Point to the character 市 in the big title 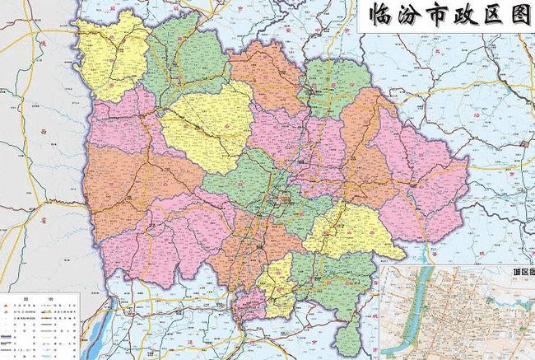[x=436, y=16]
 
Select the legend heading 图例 [x=39, y=299]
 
